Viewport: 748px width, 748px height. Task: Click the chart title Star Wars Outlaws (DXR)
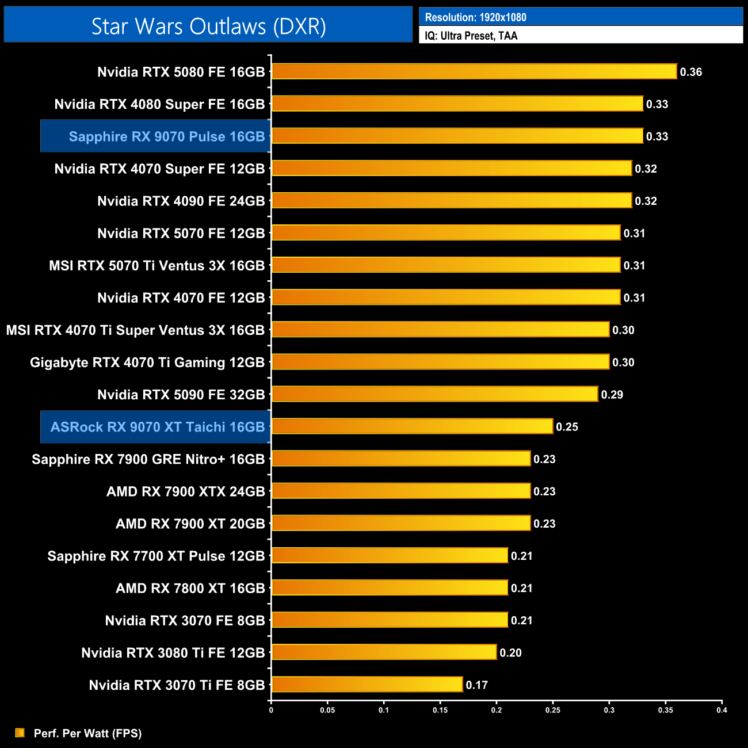click(208, 26)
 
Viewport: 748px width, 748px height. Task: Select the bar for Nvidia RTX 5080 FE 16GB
click(474, 71)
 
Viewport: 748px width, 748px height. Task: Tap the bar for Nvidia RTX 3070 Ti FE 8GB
click(367, 684)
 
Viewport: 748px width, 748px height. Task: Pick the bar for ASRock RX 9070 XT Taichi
click(412, 426)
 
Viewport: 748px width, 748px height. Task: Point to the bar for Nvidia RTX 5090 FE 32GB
click(434, 394)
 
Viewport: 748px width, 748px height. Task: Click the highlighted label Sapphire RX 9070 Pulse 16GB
click(167, 136)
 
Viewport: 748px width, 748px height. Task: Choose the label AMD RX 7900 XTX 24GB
click(185, 491)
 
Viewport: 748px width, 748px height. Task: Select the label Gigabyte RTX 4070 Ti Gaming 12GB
click(147, 362)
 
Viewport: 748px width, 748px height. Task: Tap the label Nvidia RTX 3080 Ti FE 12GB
click(173, 652)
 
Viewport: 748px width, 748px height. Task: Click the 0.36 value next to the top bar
click(691, 72)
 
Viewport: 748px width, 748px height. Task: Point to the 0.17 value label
click(477, 685)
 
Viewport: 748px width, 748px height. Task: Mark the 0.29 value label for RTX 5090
click(612, 395)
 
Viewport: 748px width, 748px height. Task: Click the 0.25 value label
click(567, 427)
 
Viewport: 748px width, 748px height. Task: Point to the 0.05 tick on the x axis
click(327, 710)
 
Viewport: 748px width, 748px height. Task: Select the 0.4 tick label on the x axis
click(722, 710)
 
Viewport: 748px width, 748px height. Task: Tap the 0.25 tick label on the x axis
click(553, 710)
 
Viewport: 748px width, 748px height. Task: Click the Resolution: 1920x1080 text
click(475, 17)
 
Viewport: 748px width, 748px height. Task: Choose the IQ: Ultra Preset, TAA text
click(471, 36)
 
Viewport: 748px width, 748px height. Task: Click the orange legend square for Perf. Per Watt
click(20, 732)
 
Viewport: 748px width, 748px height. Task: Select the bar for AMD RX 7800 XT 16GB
click(390, 587)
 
